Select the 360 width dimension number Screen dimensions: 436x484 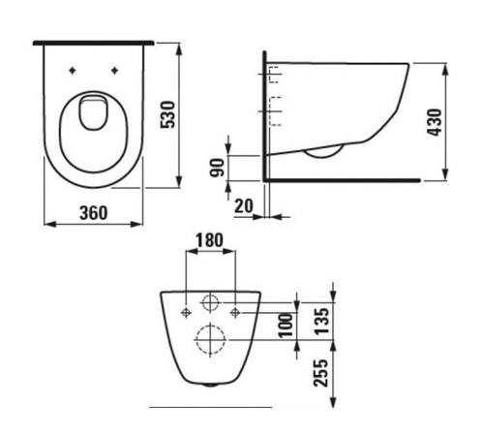tap(93, 212)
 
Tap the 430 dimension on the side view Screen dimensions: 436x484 tap(436, 121)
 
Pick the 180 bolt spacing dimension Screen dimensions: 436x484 tap(209, 239)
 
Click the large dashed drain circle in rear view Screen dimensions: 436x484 tap(209, 340)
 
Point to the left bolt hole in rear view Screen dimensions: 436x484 tap(185, 312)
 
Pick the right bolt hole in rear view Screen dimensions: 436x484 tap(235, 312)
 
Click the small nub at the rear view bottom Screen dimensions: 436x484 tap(209, 384)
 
